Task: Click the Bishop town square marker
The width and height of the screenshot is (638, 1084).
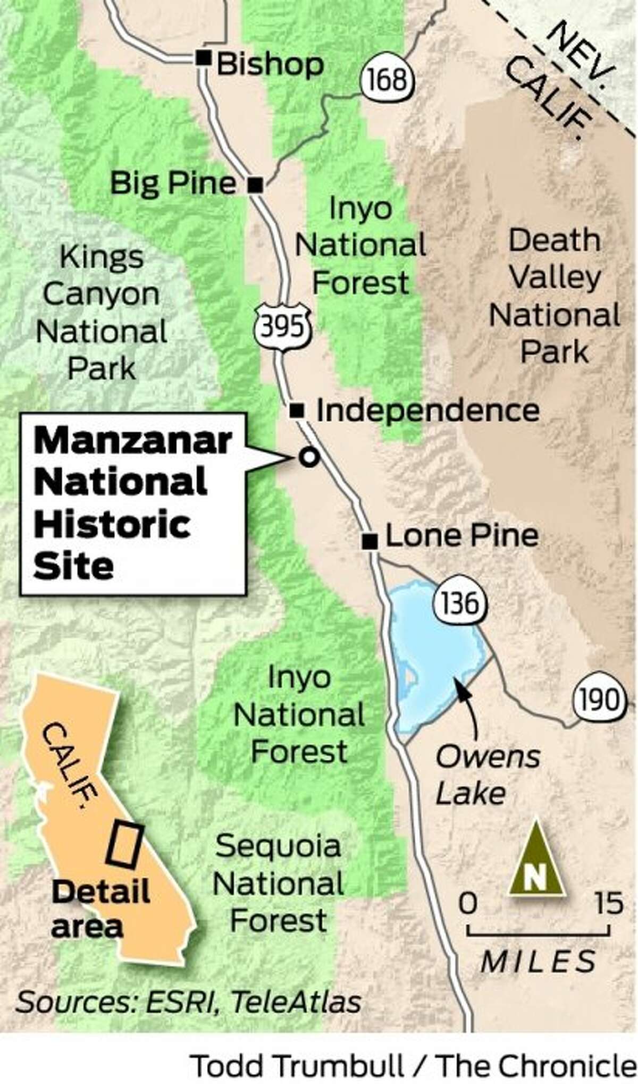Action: (203, 57)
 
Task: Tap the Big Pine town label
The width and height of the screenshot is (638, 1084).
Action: (173, 183)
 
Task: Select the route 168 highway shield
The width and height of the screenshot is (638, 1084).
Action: (388, 79)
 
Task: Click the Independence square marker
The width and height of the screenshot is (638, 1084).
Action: (297, 410)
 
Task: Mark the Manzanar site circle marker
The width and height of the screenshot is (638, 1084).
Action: (309, 457)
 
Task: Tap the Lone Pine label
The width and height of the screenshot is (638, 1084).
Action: (461, 535)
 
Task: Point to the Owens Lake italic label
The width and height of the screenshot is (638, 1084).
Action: (487, 775)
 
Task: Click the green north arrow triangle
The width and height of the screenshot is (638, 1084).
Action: (536, 860)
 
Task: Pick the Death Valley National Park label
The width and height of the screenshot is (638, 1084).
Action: (555, 296)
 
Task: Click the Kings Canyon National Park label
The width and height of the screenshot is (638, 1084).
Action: (101, 313)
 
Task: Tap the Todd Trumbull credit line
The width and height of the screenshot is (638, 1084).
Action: (413, 1065)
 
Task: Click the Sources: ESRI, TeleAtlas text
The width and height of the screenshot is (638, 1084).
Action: (189, 1002)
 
